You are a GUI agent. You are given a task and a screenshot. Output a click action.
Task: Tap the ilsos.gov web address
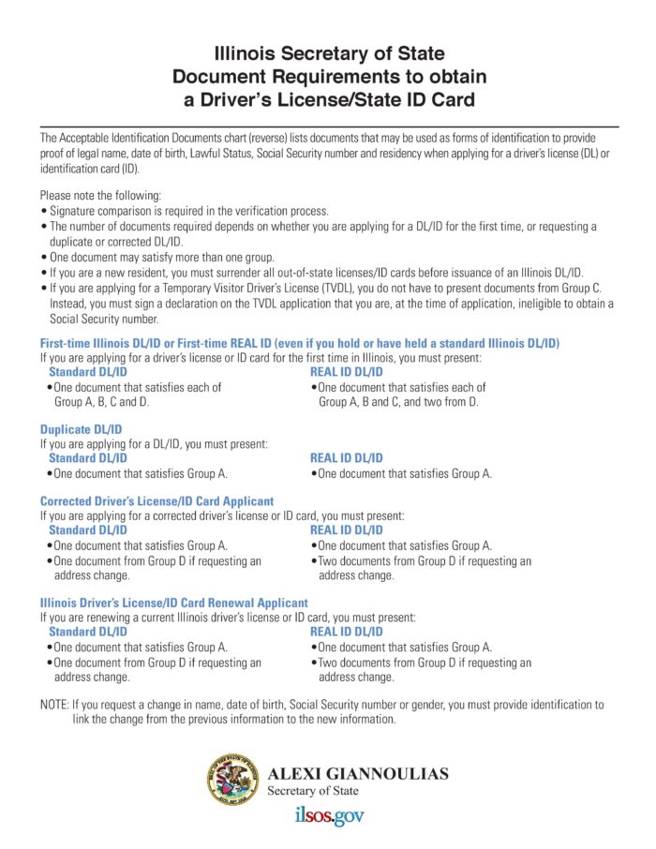click(328, 816)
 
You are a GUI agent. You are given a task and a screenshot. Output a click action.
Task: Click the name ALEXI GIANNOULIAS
click(357, 774)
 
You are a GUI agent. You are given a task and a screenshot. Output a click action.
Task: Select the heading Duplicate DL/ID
click(81, 429)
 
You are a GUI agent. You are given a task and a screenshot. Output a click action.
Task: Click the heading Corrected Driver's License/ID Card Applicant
click(157, 501)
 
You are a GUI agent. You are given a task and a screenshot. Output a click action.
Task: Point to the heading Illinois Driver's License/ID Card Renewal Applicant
click(173, 603)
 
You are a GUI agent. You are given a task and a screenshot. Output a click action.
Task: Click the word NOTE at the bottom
click(53, 704)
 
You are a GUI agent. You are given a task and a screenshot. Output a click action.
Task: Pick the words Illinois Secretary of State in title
click(329, 53)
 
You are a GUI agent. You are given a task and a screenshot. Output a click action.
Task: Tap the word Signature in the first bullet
click(76, 212)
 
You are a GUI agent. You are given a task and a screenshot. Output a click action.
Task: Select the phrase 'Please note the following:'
click(100, 196)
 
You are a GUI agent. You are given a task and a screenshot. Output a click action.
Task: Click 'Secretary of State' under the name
click(312, 791)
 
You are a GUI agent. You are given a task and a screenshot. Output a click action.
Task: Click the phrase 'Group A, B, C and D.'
click(102, 401)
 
